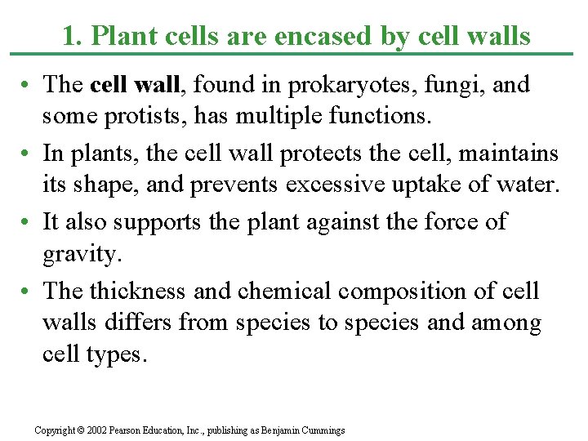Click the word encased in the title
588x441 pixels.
point(337,37)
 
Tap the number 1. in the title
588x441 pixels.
point(72,37)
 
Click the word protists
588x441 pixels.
point(134,118)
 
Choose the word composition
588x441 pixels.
point(406,291)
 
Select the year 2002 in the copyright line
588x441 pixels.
point(96,430)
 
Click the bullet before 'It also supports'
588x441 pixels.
point(28,222)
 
